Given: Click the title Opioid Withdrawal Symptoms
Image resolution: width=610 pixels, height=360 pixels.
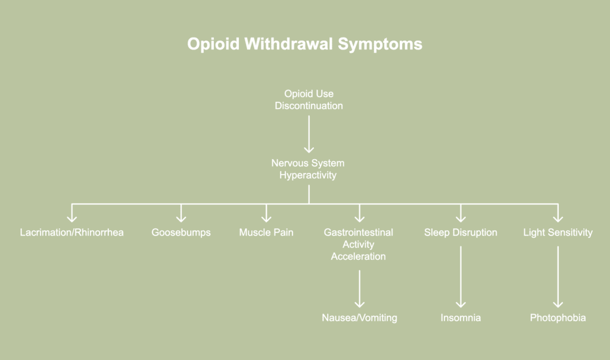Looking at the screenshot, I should pyautogui.click(x=304, y=45).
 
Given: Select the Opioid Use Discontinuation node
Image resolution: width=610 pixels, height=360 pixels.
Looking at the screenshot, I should pyautogui.click(x=309, y=100).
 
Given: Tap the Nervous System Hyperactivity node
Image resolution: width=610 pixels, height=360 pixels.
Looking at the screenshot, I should pyautogui.click(x=308, y=169).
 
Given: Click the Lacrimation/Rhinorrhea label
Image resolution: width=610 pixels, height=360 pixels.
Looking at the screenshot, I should pyautogui.click(x=71, y=232).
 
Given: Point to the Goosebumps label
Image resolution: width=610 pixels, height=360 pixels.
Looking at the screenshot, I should pyautogui.click(x=181, y=232).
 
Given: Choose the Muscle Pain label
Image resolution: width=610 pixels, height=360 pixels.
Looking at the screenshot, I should pyautogui.click(x=266, y=232).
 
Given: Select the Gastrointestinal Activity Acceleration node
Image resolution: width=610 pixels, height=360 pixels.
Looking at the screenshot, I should pyautogui.click(x=359, y=244).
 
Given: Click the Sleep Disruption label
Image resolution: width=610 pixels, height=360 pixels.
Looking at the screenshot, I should pyautogui.click(x=460, y=232).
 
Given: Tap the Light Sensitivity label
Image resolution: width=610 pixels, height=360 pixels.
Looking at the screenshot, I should pyautogui.click(x=558, y=232).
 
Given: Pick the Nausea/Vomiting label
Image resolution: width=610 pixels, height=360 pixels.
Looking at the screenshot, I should pyautogui.click(x=359, y=318).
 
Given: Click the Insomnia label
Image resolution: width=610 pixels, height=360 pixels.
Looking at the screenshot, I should pyautogui.click(x=460, y=318).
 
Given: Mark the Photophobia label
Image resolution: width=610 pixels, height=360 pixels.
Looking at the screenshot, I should pyautogui.click(x=558, y=318).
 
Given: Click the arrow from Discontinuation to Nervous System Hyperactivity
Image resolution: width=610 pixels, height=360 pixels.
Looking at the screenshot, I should pyautogui.click(x=309, y=134).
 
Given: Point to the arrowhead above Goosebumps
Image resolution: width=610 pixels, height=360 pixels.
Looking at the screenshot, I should pyautogui.click(x=181, y=216).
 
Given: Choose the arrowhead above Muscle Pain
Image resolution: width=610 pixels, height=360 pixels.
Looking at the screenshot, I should pyautogui.click(x=266, y=216).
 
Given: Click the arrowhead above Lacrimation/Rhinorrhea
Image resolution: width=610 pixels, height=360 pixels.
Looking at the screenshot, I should pyautogui.click(x=71, y=216).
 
